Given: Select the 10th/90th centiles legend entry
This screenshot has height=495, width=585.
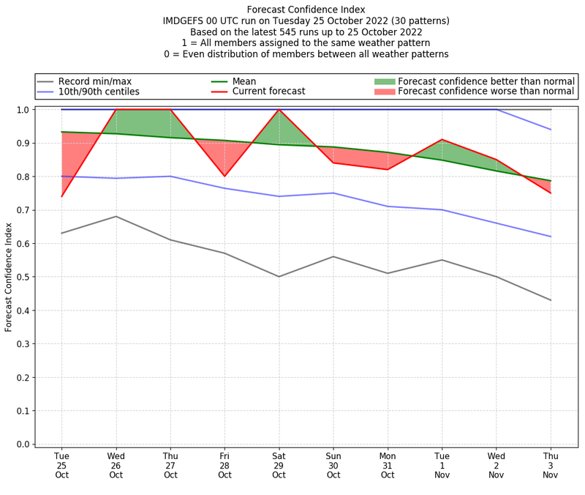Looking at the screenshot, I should coord(99,92).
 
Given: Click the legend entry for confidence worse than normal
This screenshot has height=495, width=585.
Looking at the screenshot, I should coord(486,92).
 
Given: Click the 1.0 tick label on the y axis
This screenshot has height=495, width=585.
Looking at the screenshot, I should coord(23,110).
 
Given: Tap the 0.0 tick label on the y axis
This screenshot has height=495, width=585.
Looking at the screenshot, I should coord(23,444).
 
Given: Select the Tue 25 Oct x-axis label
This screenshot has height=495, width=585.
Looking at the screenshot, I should coord(61,465).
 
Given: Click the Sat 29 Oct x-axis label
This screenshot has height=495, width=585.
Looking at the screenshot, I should coord(279,465).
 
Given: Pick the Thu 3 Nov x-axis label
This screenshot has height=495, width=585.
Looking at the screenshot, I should coord(551,465).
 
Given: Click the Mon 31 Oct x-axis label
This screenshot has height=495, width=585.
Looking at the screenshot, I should coord(388,465).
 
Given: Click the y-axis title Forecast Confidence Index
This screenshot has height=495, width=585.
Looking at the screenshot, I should coord(9,277).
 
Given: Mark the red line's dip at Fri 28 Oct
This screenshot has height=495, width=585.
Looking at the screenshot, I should coord(224,176).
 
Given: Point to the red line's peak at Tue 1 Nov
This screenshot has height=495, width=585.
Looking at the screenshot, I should coord(442,139).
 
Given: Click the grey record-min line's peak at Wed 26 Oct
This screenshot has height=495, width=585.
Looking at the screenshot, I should coord(116,216).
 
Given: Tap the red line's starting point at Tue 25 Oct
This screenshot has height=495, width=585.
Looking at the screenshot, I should coord(61,196).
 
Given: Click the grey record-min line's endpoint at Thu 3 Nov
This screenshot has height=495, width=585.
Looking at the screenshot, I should coord(551,300).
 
